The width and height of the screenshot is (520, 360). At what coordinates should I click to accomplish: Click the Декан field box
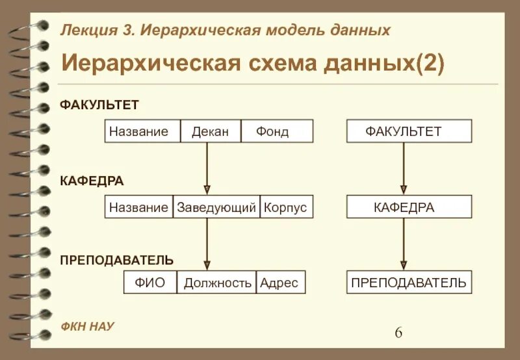pos(211,131)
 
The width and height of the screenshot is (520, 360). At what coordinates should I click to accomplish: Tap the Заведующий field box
pos(216,207)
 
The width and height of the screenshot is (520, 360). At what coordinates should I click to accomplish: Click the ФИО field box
pos(150,283)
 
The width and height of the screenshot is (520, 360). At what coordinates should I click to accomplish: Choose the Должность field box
pos(217,283)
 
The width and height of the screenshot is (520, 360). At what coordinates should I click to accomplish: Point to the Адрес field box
pos(280,283)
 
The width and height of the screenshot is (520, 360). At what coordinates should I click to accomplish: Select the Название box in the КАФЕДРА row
pos(139,207)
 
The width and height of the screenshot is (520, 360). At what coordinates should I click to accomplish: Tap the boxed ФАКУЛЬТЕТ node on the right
pos(409,131)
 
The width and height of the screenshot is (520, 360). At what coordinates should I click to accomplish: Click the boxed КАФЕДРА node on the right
pos(409,207)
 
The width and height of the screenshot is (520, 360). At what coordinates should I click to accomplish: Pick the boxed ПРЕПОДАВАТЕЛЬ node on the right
pos(409,283)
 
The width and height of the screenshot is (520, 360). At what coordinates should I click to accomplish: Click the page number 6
pos(398,333)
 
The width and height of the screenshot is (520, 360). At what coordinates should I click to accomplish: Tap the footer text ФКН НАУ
pos(87,326)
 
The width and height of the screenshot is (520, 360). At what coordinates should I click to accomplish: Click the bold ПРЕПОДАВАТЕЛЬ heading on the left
pos(117,261)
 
